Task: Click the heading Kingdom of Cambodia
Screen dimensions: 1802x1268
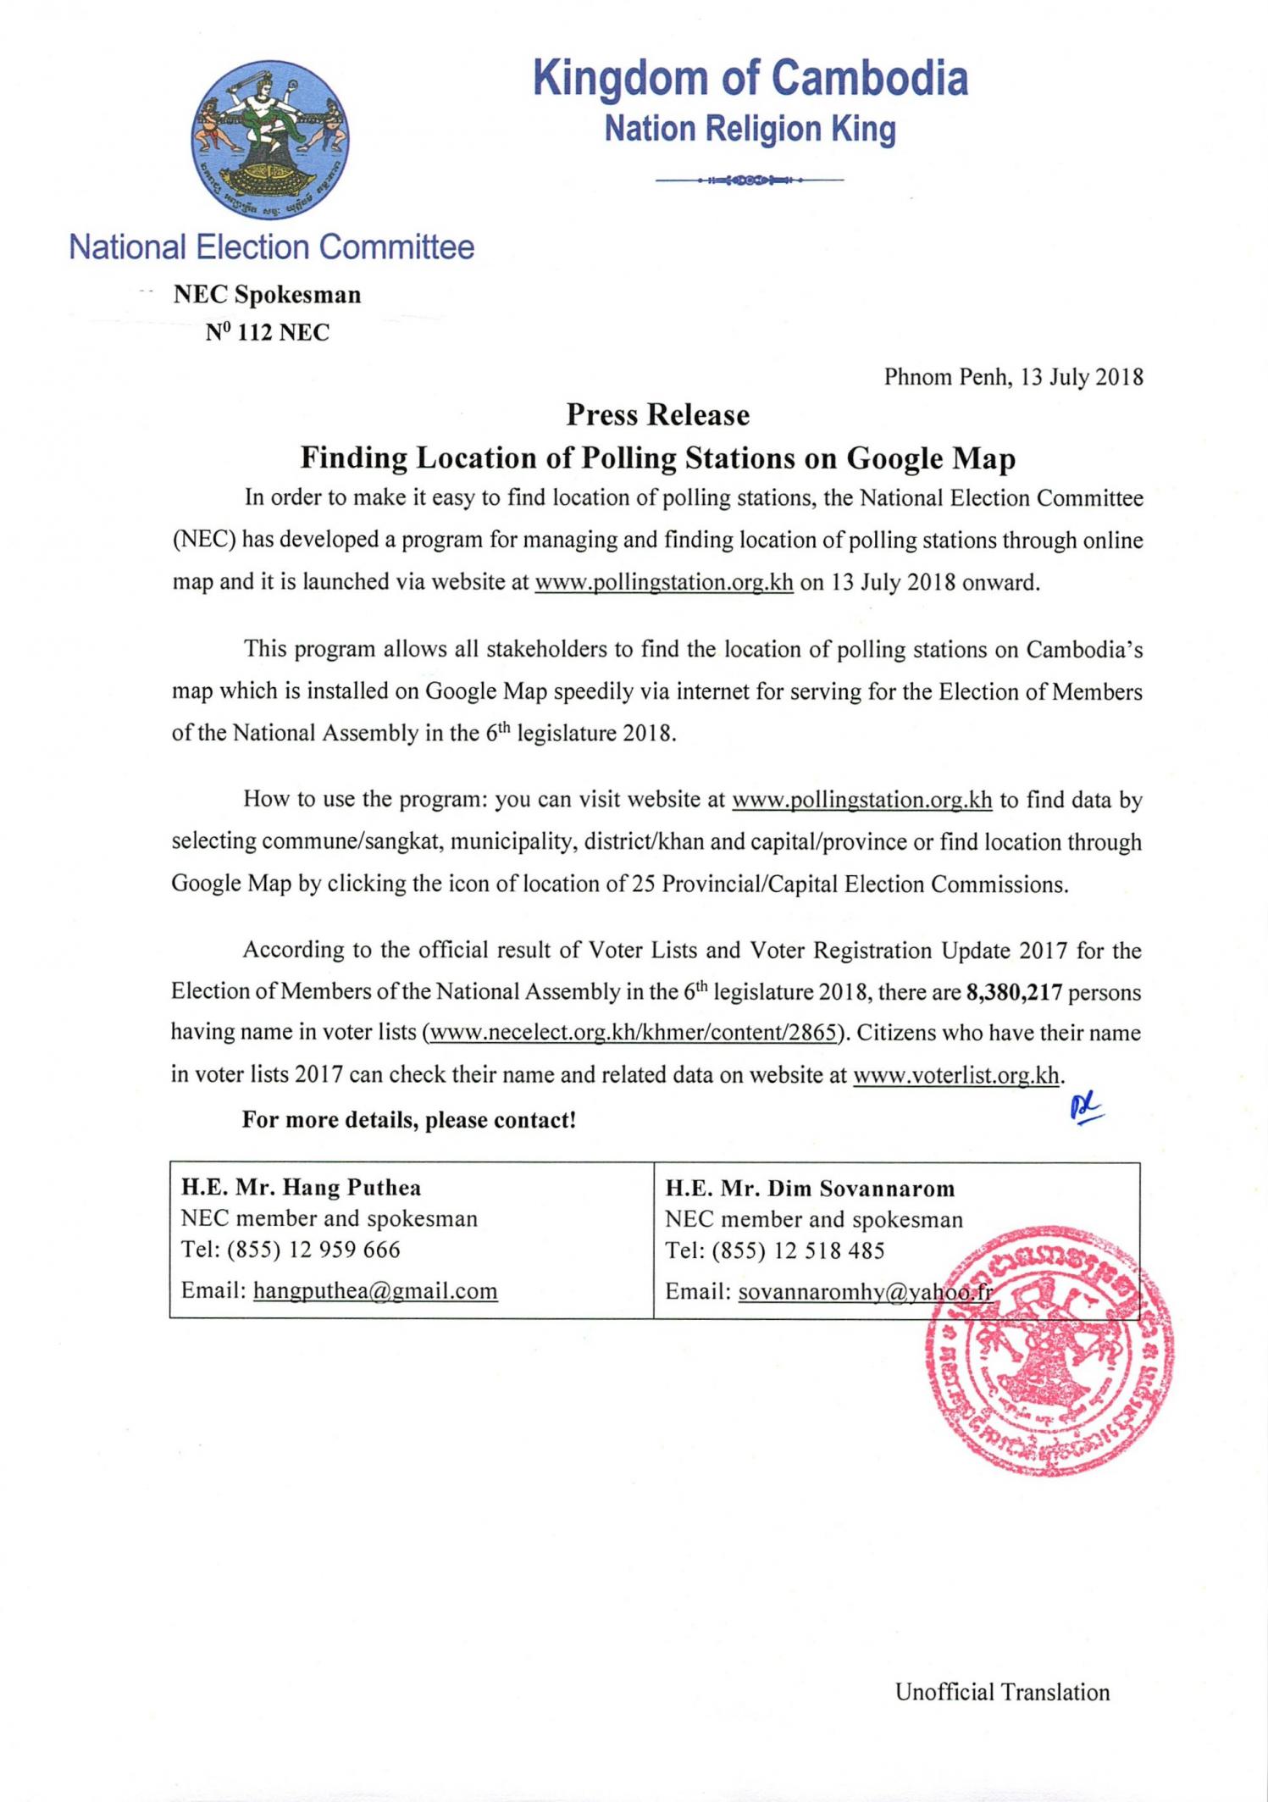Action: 750,79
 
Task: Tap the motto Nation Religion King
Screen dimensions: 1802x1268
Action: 750,129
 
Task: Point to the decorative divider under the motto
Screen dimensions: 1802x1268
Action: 750,180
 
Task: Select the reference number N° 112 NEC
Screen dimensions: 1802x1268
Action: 267,332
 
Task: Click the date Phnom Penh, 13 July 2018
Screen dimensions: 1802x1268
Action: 1013,377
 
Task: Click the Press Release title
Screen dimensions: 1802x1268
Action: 657,415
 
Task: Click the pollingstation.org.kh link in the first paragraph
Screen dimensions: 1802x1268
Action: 663,583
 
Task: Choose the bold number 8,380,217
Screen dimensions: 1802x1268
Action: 1013,992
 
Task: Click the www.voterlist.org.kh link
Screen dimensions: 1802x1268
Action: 956,1075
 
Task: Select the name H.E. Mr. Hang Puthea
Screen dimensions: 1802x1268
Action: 301,1188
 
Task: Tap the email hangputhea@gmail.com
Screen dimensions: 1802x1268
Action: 375,1291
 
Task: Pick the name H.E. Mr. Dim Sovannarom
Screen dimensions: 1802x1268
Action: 810,1189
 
